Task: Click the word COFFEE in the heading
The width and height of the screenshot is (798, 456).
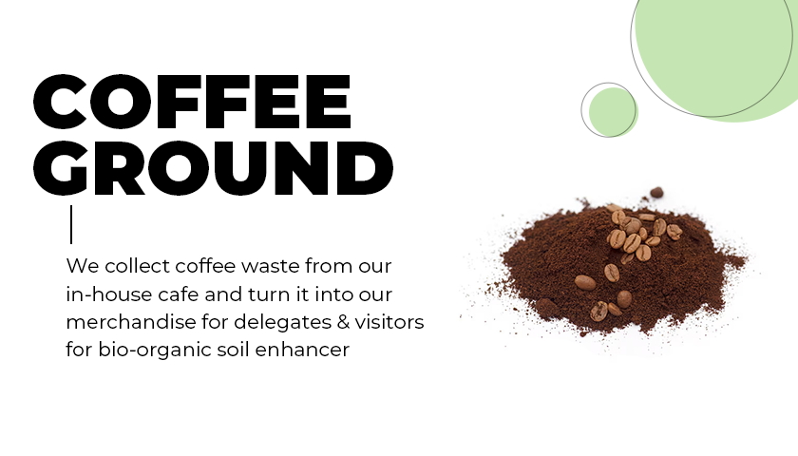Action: [x=192, y=102]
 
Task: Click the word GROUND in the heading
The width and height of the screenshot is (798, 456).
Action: [x=213, y=168]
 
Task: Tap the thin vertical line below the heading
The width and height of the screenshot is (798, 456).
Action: [x=71, y=224]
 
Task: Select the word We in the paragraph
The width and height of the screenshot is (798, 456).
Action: [x=82, y=266]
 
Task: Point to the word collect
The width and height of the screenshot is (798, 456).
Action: [x=138, y=266]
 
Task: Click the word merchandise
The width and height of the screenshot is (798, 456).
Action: [x=131, y=322]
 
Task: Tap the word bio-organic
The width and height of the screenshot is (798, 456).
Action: [x=155, y=351]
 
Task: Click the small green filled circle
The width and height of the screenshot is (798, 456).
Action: [x=614, y=112]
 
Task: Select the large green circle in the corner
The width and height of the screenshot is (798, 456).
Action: [x=723, y=51]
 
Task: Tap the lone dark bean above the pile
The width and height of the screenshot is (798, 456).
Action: [x=656, y=192]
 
